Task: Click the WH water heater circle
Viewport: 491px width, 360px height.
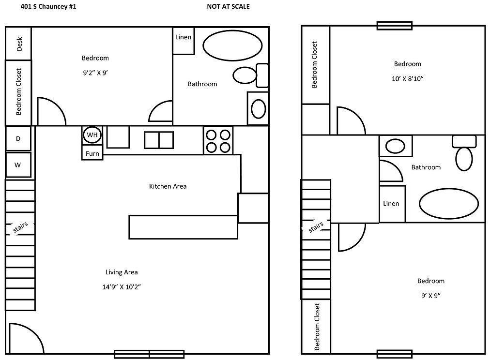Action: click(x=92, y=135)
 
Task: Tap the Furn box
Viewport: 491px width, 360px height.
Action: click(x=92, y=153)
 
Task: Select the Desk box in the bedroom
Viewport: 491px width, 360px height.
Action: click(x=19, y=44)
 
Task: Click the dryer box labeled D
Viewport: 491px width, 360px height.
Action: click(x=18, y=139)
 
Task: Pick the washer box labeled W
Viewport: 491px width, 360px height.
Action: click(x=18, y=165)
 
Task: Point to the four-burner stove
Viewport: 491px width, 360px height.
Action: click(x=218, y=141)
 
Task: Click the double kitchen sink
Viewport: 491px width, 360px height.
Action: click(x=158, y=140)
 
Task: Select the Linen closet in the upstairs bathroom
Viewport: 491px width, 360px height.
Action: click(x=392, y=204)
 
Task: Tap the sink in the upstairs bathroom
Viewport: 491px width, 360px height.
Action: click(x=396, y=146)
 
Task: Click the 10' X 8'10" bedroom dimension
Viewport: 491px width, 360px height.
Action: click(x=407, y=78)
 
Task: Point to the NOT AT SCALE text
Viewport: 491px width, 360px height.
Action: click(x=228, y=7)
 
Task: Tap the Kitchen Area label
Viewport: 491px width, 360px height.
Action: click(x=168, y=186)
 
